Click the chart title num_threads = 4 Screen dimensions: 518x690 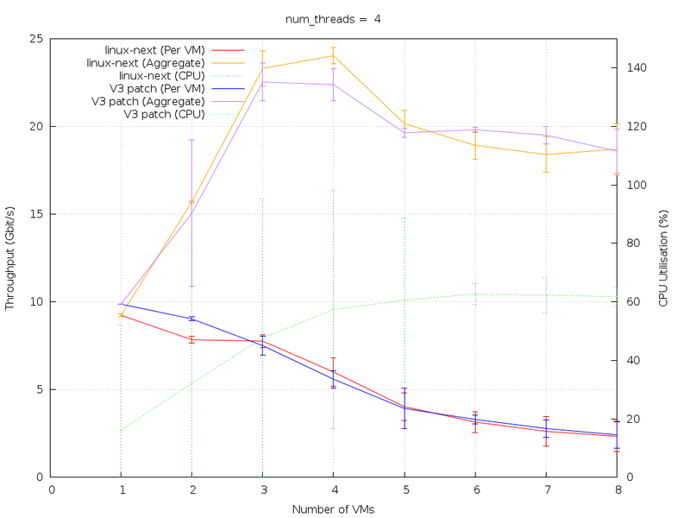click(x=333, y=20)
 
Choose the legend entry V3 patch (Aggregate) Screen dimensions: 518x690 click(x=147, y=101)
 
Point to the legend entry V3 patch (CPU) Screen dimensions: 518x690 click(x=164, y=114)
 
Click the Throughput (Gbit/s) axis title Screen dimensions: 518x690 click(x=10, y=257)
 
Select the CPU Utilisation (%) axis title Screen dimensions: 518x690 click(x=663, y=257)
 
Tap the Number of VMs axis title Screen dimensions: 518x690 click(x=333, y=509)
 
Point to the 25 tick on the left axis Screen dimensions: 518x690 click(x=38, y=39)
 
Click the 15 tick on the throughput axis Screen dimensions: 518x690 click(x=38, y=214)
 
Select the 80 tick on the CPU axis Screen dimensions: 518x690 click(x=633, y=243)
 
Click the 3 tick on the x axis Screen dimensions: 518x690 click(x=263, y=490)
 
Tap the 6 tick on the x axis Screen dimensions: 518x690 click(x=475, y=490)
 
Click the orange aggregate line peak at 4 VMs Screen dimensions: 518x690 click(x=334, y=55)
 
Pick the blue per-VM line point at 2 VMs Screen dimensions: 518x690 click(x=192, y=319)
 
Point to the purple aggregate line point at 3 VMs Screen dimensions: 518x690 click(x=263, y=82)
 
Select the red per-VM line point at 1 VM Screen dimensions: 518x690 click(x=122, y=315)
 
